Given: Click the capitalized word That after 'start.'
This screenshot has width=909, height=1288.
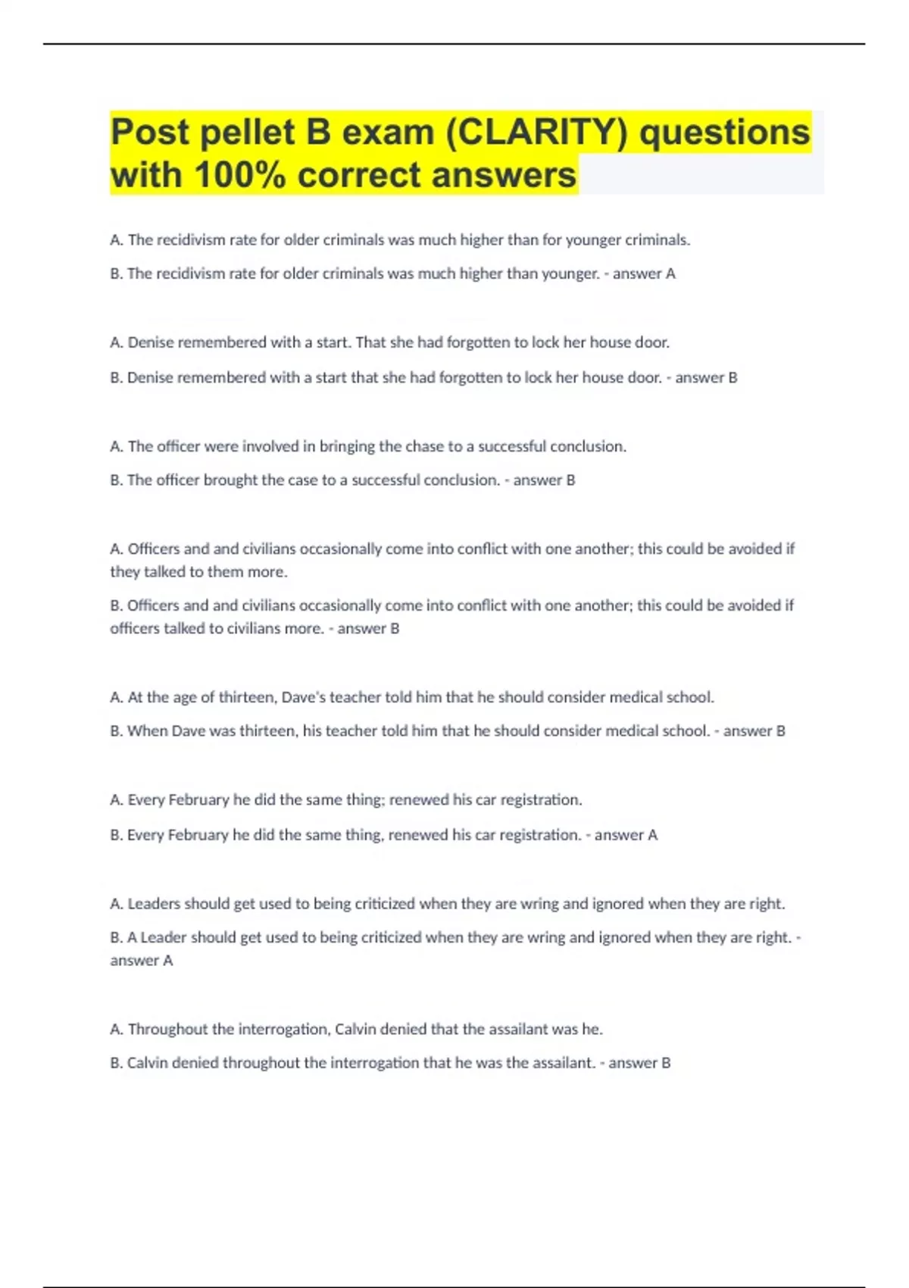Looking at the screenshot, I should pyautogui.click(x=371, y=342).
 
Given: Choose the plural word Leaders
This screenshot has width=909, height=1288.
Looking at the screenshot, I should pyautogui.click(x=154, y=904).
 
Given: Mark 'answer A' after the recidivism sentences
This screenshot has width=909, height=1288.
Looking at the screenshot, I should pyautogui.click(x=644, y=274).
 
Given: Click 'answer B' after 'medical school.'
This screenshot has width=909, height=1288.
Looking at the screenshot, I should pyautogui.click(x=754, y=731).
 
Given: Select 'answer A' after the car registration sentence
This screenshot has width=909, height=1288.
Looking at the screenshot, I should pyautogui.click(x=626, y=835).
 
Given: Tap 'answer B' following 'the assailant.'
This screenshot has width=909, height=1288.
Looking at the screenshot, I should pyautogui.click(x=639, y=1063).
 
